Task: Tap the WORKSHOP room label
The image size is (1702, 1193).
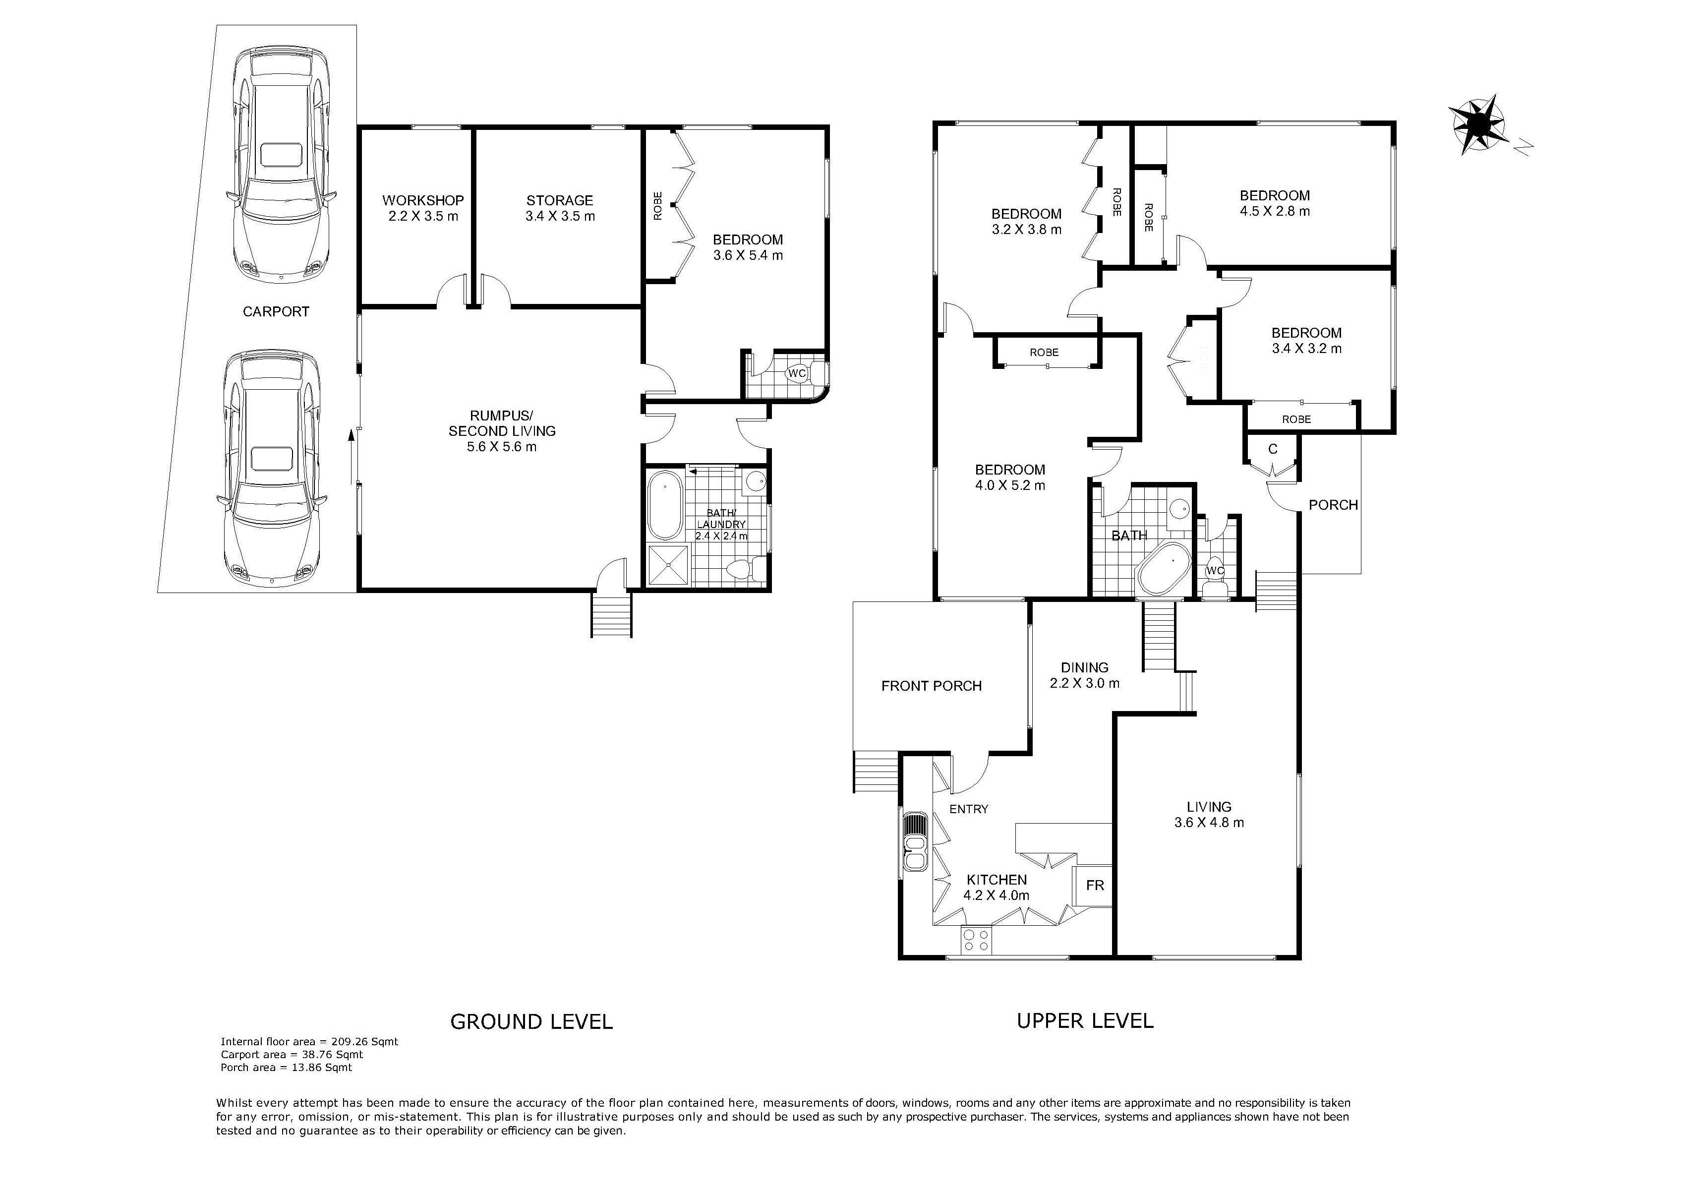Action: pyautogui.click(x=423, y=200)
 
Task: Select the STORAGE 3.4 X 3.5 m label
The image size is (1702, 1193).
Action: pyautogui.click(x=560, y=208)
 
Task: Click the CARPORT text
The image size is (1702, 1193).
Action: pyautogui.click(x=276, y=311)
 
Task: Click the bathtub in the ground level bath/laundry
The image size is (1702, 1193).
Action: pyautogui.click(x=665, y=506)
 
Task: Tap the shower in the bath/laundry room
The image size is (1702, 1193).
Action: pyautogui.click(x=669, y=566)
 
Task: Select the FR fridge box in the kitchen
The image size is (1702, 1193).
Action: pyautogui.click(x=1094, y=885)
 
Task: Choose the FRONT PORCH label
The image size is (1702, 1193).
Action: pyautogui.click(x=931, y=686)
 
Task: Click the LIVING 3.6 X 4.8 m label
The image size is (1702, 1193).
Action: pyautogui.click(x=1209, y=814)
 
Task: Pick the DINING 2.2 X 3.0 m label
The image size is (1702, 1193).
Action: pyautogui.click(x=1084, y=675)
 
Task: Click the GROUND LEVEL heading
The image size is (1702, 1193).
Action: pyautogui.click(x=531, y=1022)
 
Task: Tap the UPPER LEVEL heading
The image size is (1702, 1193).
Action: pyautogui.click(x=1085, y=1021)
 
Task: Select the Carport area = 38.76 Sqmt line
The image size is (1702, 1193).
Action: pyautogui.click(x=292, y=1054)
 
